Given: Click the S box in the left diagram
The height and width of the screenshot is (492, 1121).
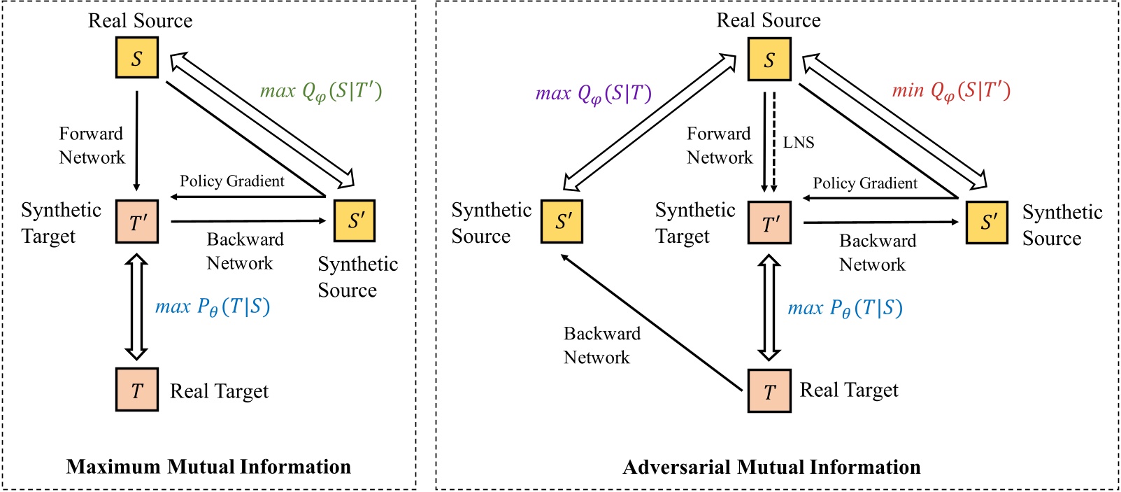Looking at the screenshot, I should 136,57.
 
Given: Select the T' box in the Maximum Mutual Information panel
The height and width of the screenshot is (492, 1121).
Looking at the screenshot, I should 137,222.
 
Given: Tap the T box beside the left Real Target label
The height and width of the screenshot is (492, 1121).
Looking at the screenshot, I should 137,389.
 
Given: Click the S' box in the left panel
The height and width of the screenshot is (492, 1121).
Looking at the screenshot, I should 355,220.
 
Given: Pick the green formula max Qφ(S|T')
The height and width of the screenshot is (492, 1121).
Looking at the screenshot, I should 321,92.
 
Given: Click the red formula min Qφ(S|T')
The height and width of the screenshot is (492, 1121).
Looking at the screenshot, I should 951,91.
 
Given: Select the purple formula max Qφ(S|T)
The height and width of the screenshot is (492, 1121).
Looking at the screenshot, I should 593,93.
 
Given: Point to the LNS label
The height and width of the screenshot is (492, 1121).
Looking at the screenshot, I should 798,143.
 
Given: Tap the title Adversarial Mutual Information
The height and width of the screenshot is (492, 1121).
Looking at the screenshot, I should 771,467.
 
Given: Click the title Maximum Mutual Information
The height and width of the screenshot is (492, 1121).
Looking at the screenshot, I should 208,467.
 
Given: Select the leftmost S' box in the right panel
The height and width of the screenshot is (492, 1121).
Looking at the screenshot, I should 562,222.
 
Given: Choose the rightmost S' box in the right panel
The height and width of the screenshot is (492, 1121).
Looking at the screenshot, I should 987,223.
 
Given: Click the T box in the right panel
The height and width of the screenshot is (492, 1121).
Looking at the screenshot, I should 769,391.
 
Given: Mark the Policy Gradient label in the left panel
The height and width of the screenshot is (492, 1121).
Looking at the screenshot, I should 231,181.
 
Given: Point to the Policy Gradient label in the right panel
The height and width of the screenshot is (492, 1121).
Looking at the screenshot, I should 864,183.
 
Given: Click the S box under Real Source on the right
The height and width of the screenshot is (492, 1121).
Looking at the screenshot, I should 769,59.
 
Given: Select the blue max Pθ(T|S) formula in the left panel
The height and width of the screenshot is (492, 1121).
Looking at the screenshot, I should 213,307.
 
